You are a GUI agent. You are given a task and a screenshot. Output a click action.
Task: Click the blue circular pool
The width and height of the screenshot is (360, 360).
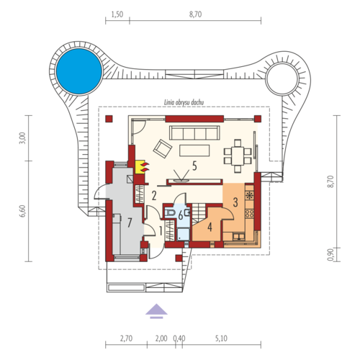point(78,71)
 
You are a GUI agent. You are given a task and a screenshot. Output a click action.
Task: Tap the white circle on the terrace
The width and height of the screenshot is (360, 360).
point(282,79)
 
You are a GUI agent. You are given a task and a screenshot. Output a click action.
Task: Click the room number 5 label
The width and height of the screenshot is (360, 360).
point(194,166)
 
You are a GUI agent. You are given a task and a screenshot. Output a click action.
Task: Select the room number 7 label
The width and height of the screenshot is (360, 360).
point(130,222)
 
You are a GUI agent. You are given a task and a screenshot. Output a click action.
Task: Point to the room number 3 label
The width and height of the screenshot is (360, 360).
point(235,202)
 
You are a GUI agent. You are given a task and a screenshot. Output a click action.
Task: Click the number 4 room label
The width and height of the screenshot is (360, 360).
point(210,227)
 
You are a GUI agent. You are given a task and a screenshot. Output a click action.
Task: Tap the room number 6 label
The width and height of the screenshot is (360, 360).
point(181,215)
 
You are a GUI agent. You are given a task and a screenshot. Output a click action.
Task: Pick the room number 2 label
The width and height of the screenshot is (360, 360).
point(154,196)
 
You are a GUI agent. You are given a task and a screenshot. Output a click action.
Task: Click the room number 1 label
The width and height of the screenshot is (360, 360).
point(161,231)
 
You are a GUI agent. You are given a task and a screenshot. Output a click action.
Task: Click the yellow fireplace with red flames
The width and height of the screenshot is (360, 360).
point(142,167)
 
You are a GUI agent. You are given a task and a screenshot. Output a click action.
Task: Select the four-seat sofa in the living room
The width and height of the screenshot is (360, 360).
point(194,132)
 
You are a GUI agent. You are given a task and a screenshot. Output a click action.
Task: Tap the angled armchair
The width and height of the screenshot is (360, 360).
point(163,149)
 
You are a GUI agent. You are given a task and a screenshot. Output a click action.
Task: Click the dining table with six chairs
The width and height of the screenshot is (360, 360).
point(238,156)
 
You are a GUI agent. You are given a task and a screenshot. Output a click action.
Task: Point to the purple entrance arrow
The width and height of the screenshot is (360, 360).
point(156,311)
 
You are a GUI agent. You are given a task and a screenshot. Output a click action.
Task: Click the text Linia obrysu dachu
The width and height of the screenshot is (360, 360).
point(184,102)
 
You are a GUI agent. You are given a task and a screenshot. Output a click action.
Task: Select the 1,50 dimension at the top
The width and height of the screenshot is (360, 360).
point(117,14)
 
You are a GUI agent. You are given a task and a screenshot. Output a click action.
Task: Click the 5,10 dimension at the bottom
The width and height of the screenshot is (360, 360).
point(221,338)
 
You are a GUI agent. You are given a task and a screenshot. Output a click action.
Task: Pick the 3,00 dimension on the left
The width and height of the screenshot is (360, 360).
point(22,138)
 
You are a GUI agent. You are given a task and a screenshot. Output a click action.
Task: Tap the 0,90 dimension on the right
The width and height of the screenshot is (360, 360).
point(330,254)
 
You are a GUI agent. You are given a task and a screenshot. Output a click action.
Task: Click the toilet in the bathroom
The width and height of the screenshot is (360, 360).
point(171,213)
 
